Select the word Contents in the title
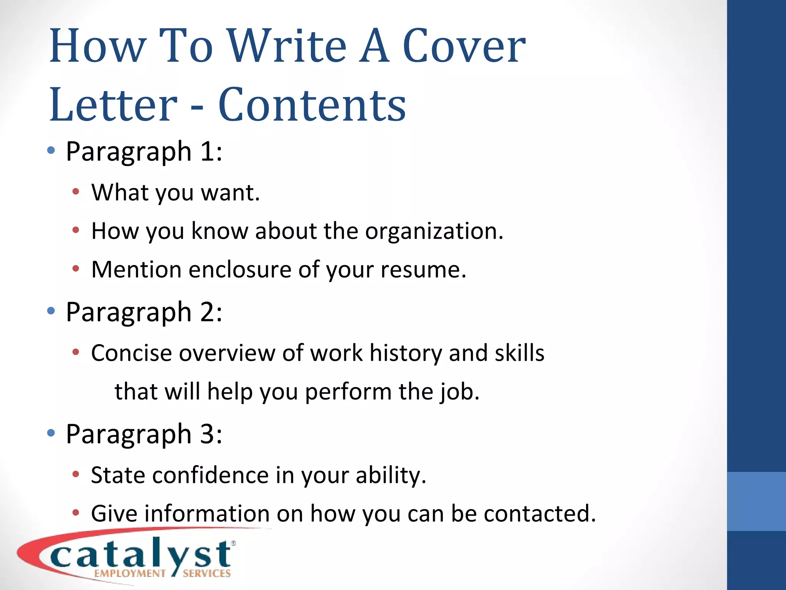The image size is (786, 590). [x=312, y=105]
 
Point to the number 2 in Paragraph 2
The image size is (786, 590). [x=208, y=312]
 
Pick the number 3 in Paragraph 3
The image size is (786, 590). [x=208, y=434]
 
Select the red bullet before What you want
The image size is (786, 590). [x=76, y=191]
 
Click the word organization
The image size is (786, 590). [x=434, y=231]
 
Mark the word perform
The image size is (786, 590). [x=348, y=392]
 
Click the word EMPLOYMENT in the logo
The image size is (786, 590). [x=130, y=573]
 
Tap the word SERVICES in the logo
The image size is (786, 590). [x=207, y=573]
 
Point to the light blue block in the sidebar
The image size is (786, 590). [x=756, y=501]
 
